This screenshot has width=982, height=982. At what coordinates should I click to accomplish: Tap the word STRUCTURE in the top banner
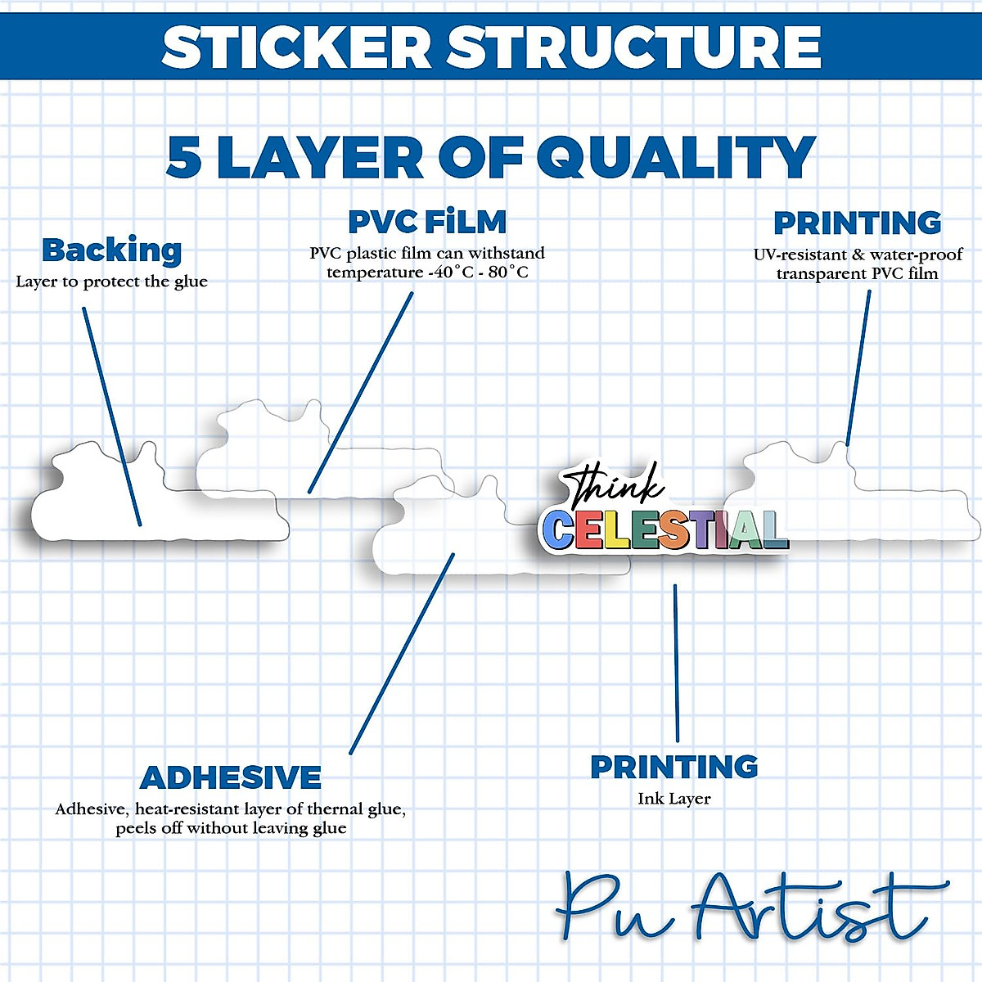click(634, 47)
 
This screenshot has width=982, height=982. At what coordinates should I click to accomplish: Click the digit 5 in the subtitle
click(184, 156)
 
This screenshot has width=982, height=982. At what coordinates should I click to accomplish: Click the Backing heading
click(112, 250)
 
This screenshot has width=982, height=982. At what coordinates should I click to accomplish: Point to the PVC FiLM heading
click(427, 222)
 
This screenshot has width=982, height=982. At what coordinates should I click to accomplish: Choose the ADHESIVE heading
click(231, 777)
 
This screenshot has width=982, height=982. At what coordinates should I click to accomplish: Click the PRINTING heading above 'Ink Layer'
click(674, 767)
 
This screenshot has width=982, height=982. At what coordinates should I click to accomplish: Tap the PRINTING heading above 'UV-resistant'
click(858, 223)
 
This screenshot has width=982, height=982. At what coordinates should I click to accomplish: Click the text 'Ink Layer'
click(674, 799)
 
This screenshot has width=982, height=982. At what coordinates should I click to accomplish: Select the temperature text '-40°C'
click(450, 273)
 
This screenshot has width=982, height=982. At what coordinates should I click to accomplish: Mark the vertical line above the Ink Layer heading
click(676, 663)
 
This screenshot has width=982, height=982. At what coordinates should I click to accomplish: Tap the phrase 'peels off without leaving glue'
click(231, 828)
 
